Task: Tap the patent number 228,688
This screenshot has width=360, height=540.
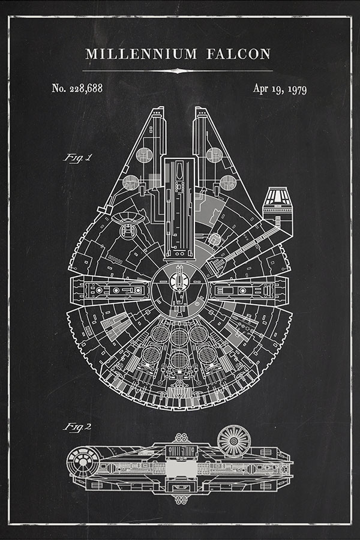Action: point(85,88)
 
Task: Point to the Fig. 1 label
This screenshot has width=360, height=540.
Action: point(78,158)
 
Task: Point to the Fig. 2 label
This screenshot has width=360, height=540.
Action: point(78,427)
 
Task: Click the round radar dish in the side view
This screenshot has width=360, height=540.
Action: point(233,441)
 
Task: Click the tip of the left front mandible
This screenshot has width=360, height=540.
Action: point(158,110)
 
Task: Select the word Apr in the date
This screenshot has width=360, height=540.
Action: point(260,89)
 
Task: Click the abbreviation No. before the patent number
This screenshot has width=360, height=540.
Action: point(58,88)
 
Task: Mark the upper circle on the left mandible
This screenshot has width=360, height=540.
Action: point(144,155)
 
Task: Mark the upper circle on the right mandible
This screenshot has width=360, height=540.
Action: point(214,155)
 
